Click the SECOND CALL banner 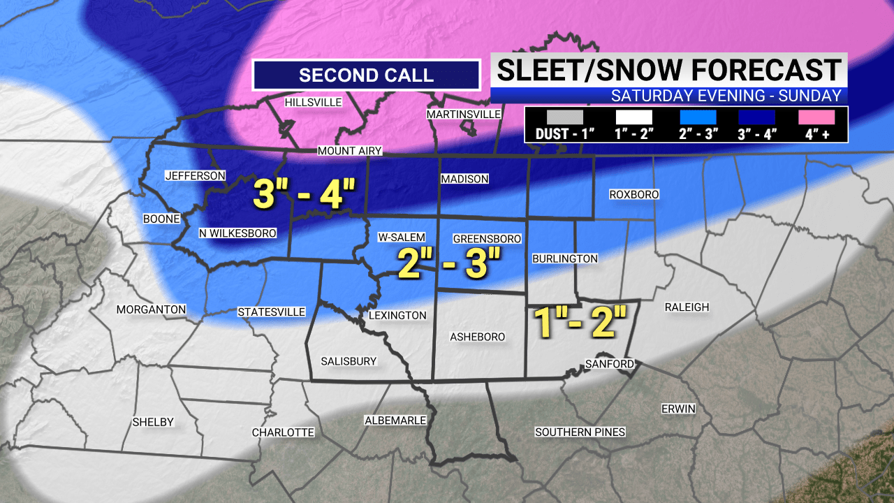(x=366, y=75)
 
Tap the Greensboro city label (x=487, y=239)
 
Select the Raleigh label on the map (x=687, y=307)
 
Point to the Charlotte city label (x=283, y=433)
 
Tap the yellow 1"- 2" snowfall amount (x=578, y=321)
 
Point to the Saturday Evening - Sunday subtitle (x=726, y=96)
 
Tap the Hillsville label (x=313, y=103)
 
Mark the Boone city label (x=161, y=219)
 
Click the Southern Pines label (x=580, y=432)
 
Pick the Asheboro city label (x=477, y=337)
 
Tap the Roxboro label (x=633, y=195)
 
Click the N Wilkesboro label (x=237, y=233)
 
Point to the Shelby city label (x=153, y=423)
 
